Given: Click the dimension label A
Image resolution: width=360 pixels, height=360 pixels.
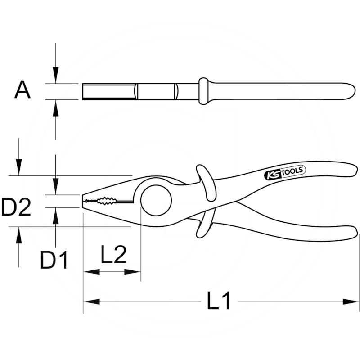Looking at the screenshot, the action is coord(22,90).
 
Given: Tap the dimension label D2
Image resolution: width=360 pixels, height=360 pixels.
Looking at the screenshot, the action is coord(16,207).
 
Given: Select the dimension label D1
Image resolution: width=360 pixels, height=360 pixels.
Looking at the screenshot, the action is coord(54,260).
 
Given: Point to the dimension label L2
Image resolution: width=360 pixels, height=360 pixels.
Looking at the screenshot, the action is coord(114,254).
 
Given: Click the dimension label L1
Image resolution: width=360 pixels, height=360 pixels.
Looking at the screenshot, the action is coord(218,300).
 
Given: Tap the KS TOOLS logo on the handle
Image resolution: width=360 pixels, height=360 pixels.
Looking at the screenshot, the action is coord(285,173).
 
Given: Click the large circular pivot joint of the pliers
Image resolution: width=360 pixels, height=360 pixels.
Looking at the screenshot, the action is coord(156,200).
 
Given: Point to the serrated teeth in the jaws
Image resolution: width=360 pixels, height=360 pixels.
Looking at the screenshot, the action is coord(101,201).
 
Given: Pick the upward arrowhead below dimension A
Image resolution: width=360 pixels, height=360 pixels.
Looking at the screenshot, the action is coord(55,108).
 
